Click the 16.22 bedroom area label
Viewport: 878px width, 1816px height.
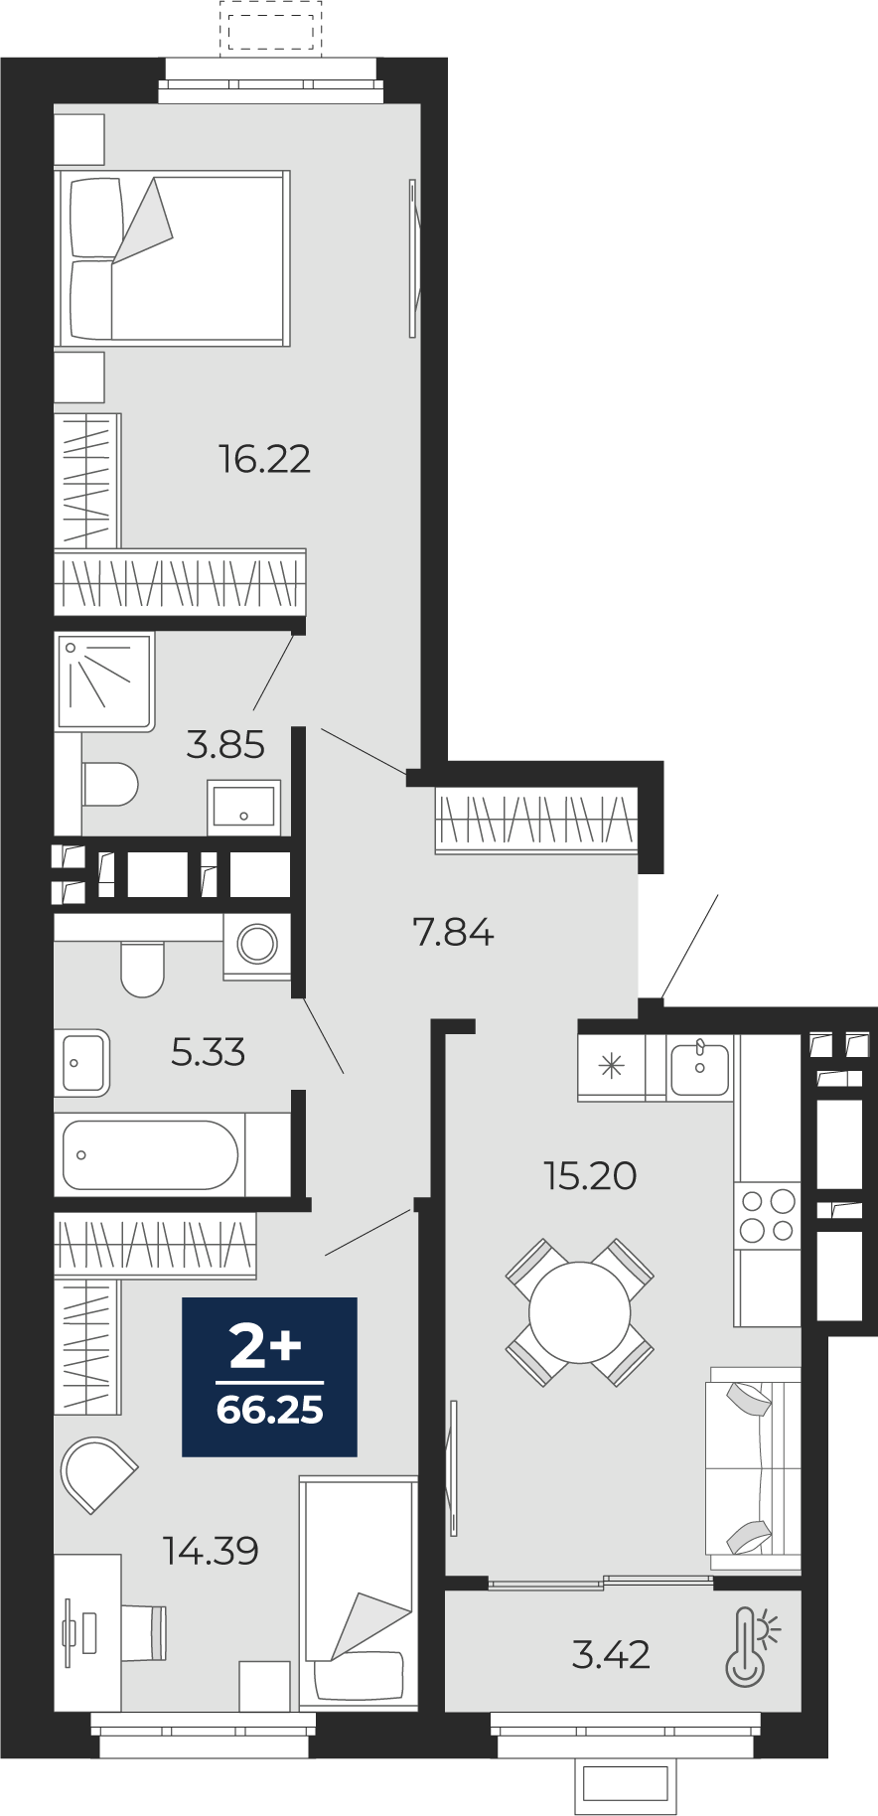[264, 459]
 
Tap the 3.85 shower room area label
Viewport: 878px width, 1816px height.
[225, 744]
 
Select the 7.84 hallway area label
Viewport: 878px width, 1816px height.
[453, 932]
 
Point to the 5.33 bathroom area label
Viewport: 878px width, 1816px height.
[208, 1052]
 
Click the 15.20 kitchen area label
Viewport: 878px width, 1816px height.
[590, 1175]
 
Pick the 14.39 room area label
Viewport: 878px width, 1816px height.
[212, 1550]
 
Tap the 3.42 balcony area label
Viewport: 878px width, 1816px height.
[611, 1654]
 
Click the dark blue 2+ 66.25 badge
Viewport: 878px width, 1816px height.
[269, 1377]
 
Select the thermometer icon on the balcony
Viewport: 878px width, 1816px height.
[751, 1647]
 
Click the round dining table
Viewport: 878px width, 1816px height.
[580, 1312]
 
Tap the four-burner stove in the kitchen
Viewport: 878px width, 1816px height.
[768, 1216]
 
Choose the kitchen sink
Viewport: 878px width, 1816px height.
[699, 1068]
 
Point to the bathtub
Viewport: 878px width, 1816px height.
[151, 1154]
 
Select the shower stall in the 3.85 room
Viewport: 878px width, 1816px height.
[104, 682]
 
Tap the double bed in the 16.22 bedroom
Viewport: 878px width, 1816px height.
[172, 258]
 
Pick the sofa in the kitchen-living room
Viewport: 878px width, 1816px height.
[754, 1468]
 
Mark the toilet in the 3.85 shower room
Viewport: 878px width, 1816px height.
[109, 784]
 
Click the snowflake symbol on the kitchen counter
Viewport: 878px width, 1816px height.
[611, 1068]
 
